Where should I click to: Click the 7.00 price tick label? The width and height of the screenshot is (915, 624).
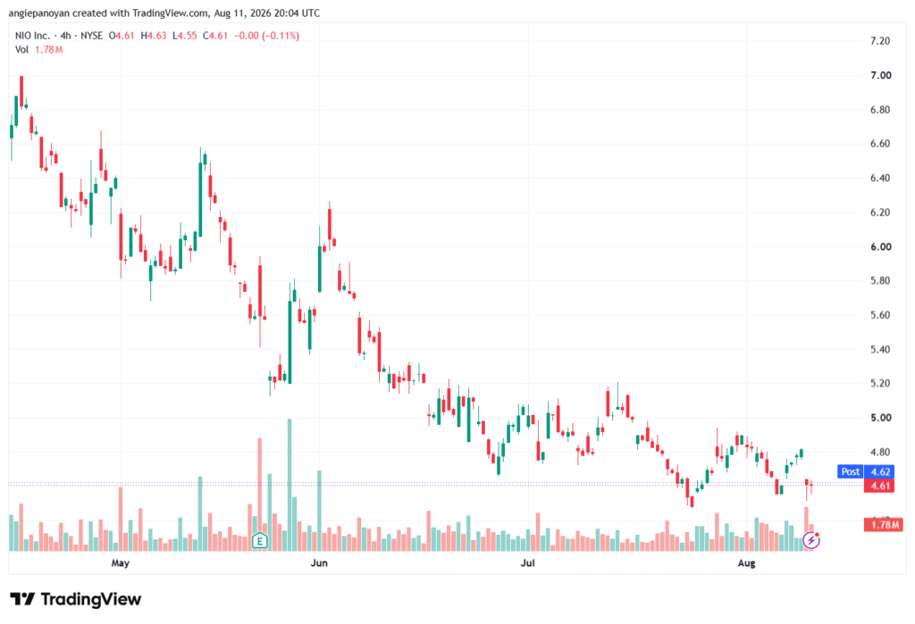point(880,75)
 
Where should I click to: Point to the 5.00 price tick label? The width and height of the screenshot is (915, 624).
point(880,418)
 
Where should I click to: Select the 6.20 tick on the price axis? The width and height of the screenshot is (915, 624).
point(880,212)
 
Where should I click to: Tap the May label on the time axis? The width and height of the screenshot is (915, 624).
point(121,562)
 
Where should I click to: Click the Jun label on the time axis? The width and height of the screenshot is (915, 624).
point(319,562)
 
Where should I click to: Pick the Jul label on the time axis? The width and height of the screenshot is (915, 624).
point(527,562)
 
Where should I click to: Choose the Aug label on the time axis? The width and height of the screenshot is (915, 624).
point(746,562)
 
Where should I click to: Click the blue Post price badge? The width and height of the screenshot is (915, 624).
point(851,471)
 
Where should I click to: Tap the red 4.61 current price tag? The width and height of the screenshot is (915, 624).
point(879,486)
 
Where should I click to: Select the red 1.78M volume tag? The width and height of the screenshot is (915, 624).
point(884,525)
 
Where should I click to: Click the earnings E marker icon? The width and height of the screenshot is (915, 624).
point(260,541)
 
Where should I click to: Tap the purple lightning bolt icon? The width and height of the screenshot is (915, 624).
point(811,541)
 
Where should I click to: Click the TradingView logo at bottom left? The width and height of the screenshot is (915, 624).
point(76,600)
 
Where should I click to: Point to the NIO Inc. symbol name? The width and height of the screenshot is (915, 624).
point(32,36)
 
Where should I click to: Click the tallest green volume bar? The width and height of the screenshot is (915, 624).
point(290,485)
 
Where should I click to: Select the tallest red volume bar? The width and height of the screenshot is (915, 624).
point(260,495)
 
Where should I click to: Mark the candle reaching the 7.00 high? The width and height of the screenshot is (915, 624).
point(21,92)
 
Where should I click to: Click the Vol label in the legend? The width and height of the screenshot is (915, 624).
point(21,50)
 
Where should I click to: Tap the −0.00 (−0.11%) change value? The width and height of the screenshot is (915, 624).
point(266,36)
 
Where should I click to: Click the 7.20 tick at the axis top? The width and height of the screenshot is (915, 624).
point(880,41)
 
